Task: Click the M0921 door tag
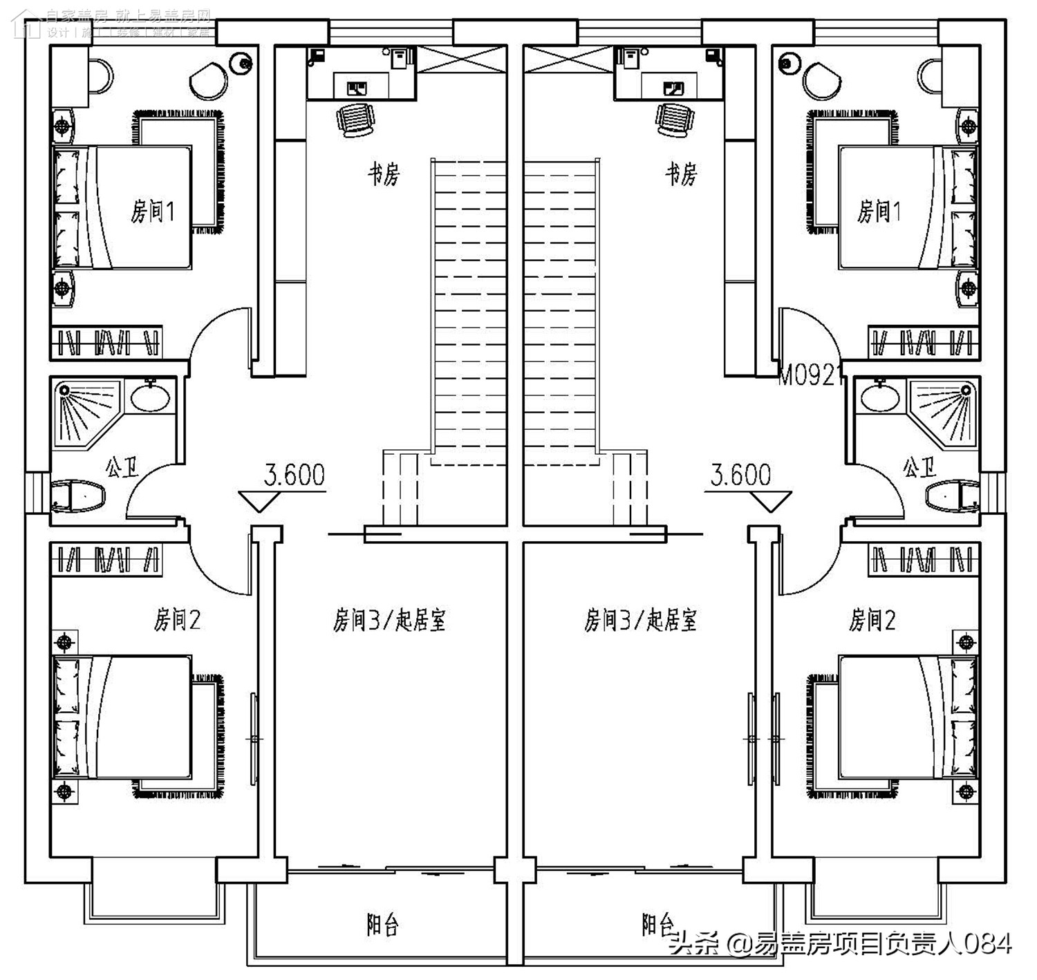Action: click(x=810, y=377)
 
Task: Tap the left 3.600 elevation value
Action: click(x=295, y=475)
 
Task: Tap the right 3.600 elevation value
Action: click(x=741, y=475)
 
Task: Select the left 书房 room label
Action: click(x=383, y=174)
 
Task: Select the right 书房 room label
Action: click(x=681, y=174)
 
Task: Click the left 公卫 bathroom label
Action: click(x=122, y=468)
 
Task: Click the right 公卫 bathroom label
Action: click(x=919, y=468)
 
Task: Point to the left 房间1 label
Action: click(x=153, y=211)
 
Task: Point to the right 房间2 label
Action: click(x=872, y=620)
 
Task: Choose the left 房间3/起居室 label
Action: click(x=389, y=620)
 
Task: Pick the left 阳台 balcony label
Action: click(x=382, y=924)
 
